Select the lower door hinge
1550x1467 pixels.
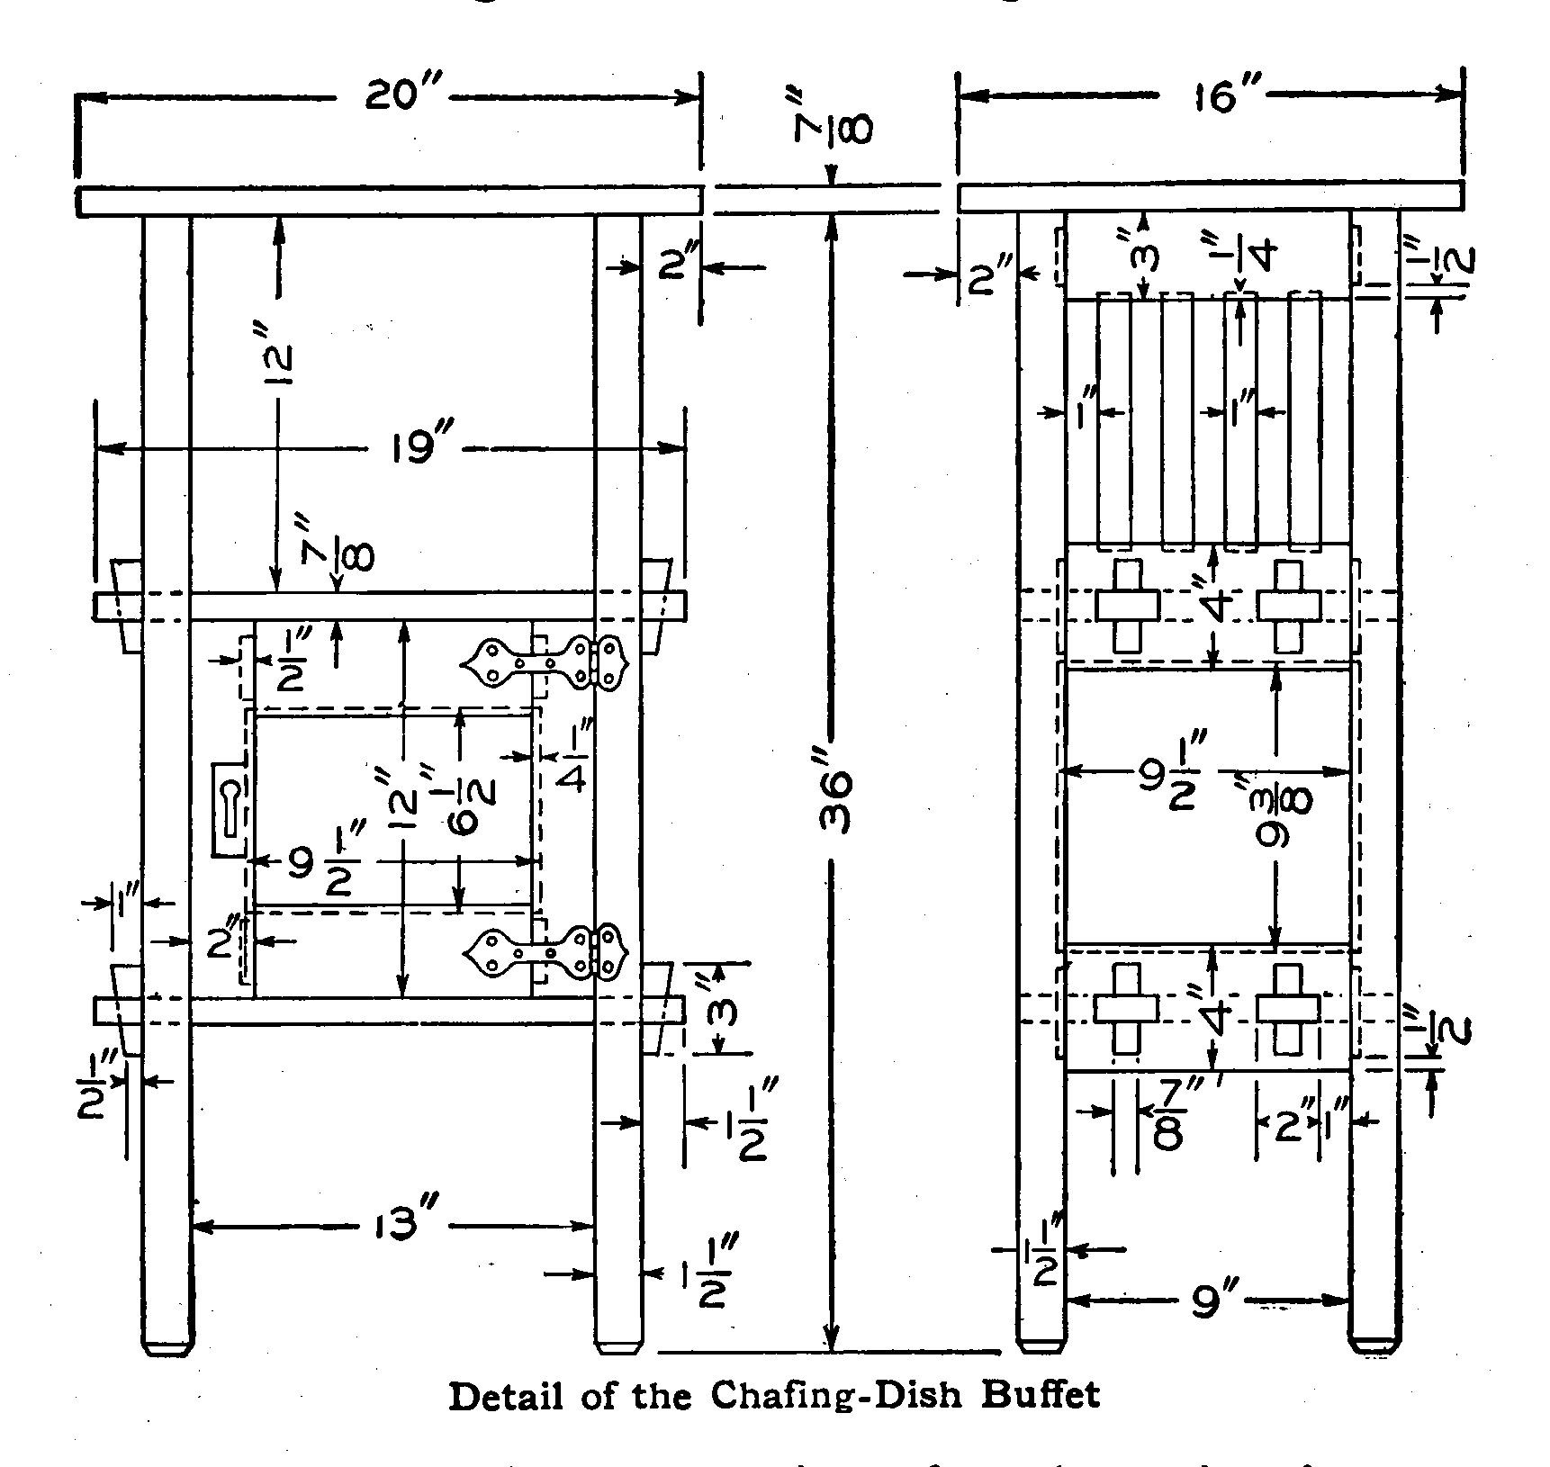pyautogui.click(x=546, y=953)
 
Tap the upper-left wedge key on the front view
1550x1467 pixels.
pyautogui.click(x=125, y=604)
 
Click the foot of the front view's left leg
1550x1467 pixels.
pyautogui.click(x=167, y=1347)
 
